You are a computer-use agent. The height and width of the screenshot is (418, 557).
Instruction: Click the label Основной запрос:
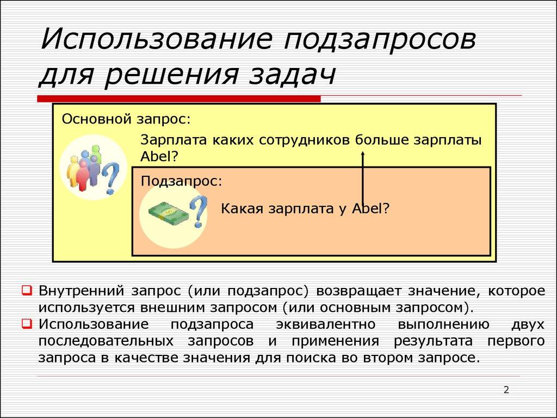tap(126, 119)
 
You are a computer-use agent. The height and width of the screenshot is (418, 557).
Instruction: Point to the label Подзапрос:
tap(181, 181)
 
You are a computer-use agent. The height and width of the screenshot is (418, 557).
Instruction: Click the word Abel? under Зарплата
tap(159, 156)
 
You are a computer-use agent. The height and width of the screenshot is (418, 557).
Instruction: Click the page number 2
tap(506, 389)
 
